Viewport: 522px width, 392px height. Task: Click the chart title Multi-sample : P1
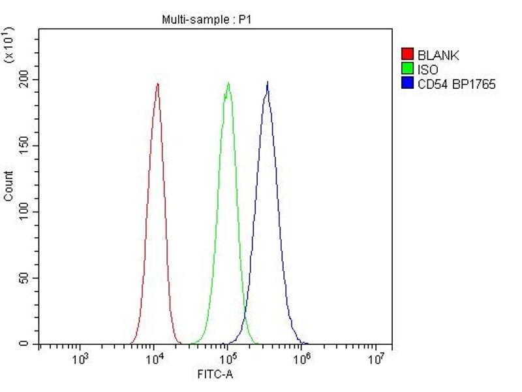click(207, 20)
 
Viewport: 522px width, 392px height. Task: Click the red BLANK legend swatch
click(408, 55)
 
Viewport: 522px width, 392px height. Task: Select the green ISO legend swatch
click(408, 69)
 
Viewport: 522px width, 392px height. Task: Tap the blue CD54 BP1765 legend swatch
click(408, 84)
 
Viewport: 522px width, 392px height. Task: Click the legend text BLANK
click(438, 56)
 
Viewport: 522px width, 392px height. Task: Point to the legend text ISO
click(428, 69)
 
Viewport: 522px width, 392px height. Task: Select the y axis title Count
click(8, 186)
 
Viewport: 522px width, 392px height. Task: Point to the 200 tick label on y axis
click(25, 80)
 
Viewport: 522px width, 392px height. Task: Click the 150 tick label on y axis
click(25, 146)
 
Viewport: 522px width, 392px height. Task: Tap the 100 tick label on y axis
click(25, 212)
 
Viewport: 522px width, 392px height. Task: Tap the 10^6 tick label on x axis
click(301, 359)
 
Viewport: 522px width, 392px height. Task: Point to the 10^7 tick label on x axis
click(376, 359)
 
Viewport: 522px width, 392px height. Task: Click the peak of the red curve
click(157, 84)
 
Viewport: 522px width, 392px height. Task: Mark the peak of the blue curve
click(267, 83)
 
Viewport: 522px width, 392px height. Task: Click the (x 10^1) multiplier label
click(9, 45)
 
